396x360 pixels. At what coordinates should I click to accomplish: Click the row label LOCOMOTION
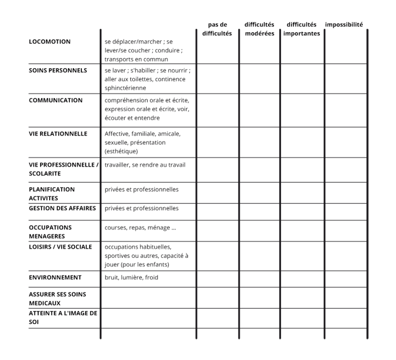point(50,41)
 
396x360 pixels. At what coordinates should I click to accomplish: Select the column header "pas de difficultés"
point(217,29)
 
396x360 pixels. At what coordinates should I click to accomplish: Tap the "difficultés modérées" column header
point(259,29)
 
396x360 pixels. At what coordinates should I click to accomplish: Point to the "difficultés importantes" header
point(302,29)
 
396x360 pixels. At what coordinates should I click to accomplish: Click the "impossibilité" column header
point(344,25)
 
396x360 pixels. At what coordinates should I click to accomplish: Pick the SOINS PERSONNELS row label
point(58,70)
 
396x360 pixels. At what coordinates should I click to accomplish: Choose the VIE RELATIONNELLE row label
point(58,134)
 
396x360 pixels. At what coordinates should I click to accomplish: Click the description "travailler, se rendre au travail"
point(145,165)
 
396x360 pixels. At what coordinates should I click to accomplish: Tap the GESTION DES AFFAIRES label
point(62,208)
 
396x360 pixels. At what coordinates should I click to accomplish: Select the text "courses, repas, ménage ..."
point(140,228)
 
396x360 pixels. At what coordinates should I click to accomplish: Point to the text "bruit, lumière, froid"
point(131,277)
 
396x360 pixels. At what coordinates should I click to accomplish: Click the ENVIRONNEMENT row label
point(55,277)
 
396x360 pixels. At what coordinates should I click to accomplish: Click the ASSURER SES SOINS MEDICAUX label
point(58,298)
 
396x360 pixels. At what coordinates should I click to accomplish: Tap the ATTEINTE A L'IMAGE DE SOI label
point(63,318)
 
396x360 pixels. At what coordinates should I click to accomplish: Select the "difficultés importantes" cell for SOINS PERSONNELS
point(302,79)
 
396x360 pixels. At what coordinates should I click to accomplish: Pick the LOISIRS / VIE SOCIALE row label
point(60,247)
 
